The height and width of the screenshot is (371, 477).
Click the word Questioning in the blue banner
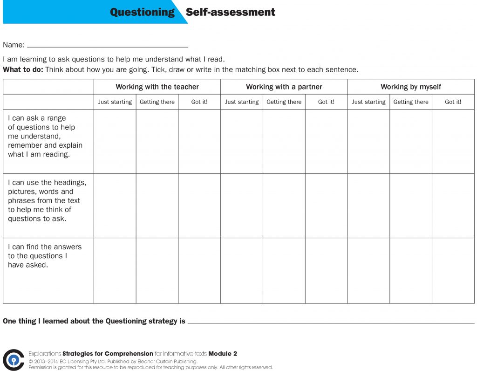click(142, 12)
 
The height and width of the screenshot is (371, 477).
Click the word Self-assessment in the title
click(230, 12)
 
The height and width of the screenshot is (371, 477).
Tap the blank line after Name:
click(108, 46)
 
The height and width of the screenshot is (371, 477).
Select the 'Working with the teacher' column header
click(157, 87)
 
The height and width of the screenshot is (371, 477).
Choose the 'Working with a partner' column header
click(284, 87)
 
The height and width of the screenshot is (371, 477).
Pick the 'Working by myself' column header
click(410, 87)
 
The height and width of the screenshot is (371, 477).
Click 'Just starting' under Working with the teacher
click(115, 102)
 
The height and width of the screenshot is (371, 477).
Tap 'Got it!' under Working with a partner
click(326, 102)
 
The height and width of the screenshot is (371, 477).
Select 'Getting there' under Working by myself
click(410, 102)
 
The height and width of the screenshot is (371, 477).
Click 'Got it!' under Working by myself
click(453, 102)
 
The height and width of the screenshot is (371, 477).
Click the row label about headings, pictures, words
click(47, 200)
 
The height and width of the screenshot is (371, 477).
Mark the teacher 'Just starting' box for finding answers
click(115, 270)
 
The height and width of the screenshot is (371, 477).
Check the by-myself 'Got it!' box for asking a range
click(453, 141)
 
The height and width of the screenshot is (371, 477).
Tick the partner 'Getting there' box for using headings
click(284, 206)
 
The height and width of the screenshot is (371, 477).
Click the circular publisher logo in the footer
click(14, 360)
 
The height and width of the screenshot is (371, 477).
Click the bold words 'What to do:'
click(23, 70)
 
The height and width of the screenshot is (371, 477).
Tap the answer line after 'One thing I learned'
click(331, 322)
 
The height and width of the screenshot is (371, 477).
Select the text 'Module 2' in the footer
click(223, 354)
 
